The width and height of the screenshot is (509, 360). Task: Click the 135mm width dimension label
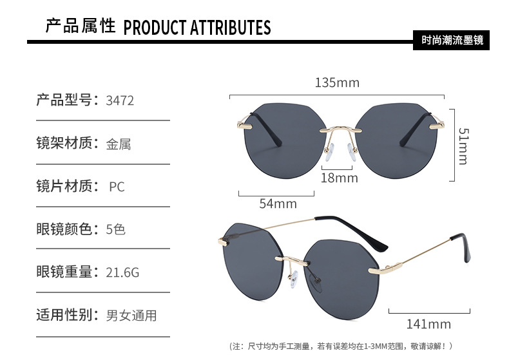pyautogui.click(x=337, y=82)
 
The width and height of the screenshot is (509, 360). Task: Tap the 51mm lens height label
pyautogui.click(x=463, y=146)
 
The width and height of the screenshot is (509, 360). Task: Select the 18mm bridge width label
pyautogui.click(x=339, y=178)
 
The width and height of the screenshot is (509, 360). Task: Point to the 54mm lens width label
pyautogui.click(x=278, y=204)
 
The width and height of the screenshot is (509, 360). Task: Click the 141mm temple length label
pyautogui.click(x=428, y=324)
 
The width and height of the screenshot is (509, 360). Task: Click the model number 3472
pyautogui.click(x=120, y=100)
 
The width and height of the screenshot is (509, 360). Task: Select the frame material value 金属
pyautogui.click(x=119, y=144)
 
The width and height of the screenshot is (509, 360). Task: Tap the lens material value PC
pyautogui.click(x=117, y=187)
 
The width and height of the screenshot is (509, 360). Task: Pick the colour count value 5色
pyautogui.click(x=115, y=229)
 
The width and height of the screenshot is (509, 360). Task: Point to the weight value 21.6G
pyautogui.click(x=122, y=272)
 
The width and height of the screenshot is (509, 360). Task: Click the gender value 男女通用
pyautogui.click(x=131, y=316)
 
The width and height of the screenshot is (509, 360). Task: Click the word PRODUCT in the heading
pyautogui.click(x=155, y=28)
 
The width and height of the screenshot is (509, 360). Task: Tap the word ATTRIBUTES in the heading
pyautogui.click(x=230, y=28)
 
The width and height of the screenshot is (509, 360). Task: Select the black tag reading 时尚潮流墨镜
pyautogui.click(x=451, y=40)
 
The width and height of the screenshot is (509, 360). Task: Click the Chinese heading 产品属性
pyautogui.click(x=81, y=26)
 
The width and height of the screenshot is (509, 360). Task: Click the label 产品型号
pyautogui.click(x=64, y=100)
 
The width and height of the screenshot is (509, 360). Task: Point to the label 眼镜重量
pyautogui.click(x=64, y=272)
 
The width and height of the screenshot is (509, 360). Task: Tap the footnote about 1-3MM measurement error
pyautogui.click(x=341, y=346)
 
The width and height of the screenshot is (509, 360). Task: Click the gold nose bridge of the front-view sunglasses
pyautogui.click(x=341, y=129)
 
